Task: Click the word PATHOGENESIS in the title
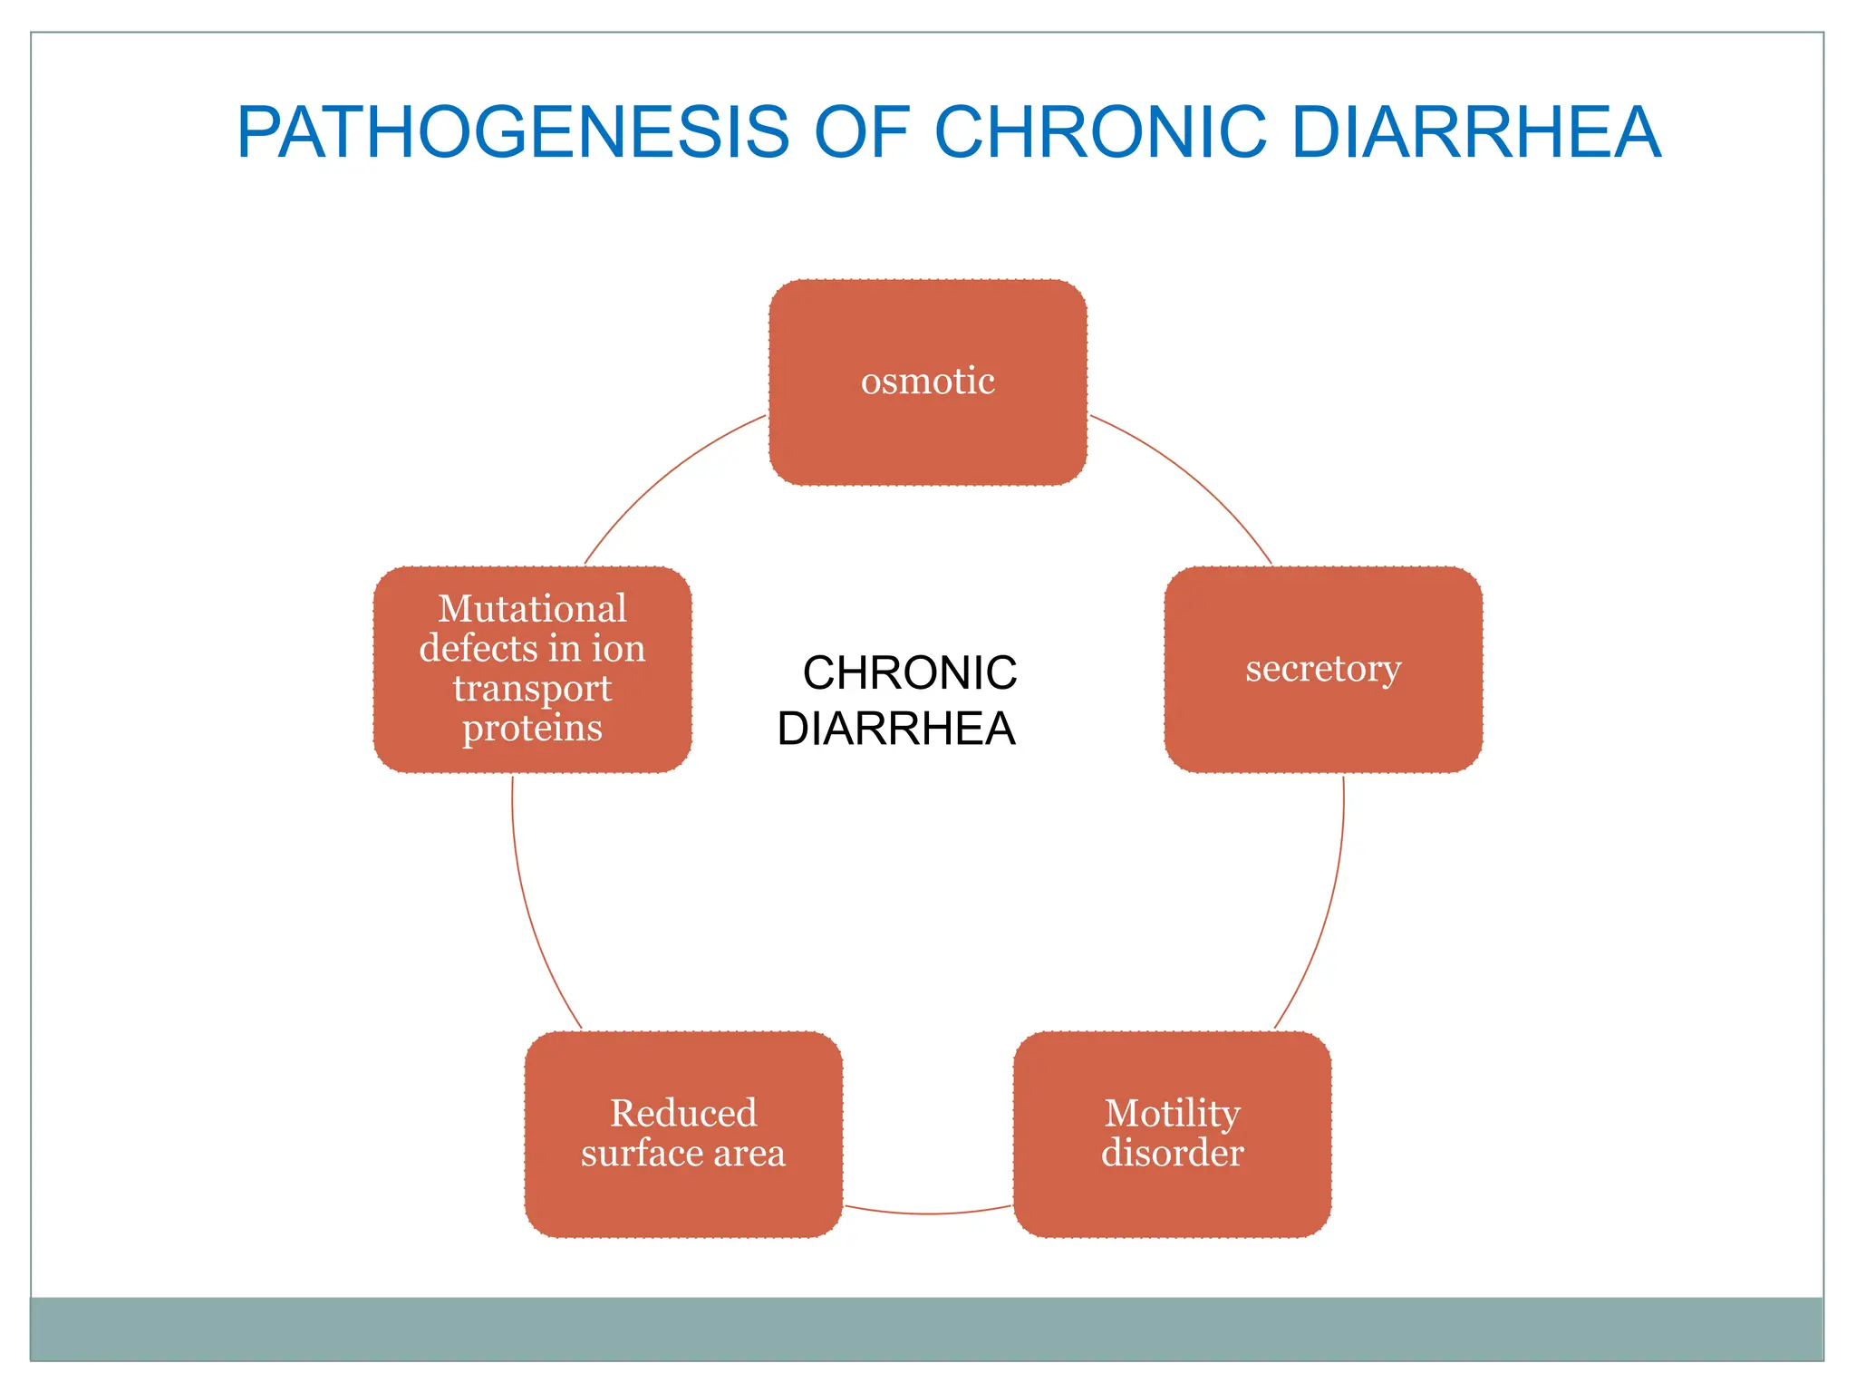[x=513, y=132]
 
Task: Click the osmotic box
[x=927, y=382]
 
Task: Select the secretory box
[x=1322, y=669]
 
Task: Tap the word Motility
[x=1172, y=1113]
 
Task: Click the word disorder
[x=1172, y=1153]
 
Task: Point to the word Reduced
[x=683, y=1113]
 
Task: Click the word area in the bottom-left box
[x=749, y=1154]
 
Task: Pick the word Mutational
[x=532, y=608]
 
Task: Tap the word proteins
[x=532, y=728]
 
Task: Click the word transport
[x=532, y=689]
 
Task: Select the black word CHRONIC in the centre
[x=909, y=673]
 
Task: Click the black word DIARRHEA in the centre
[x=895, y=729]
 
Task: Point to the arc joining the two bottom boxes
[x=927, y=1213]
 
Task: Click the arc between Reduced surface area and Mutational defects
[x=530, y=915]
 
